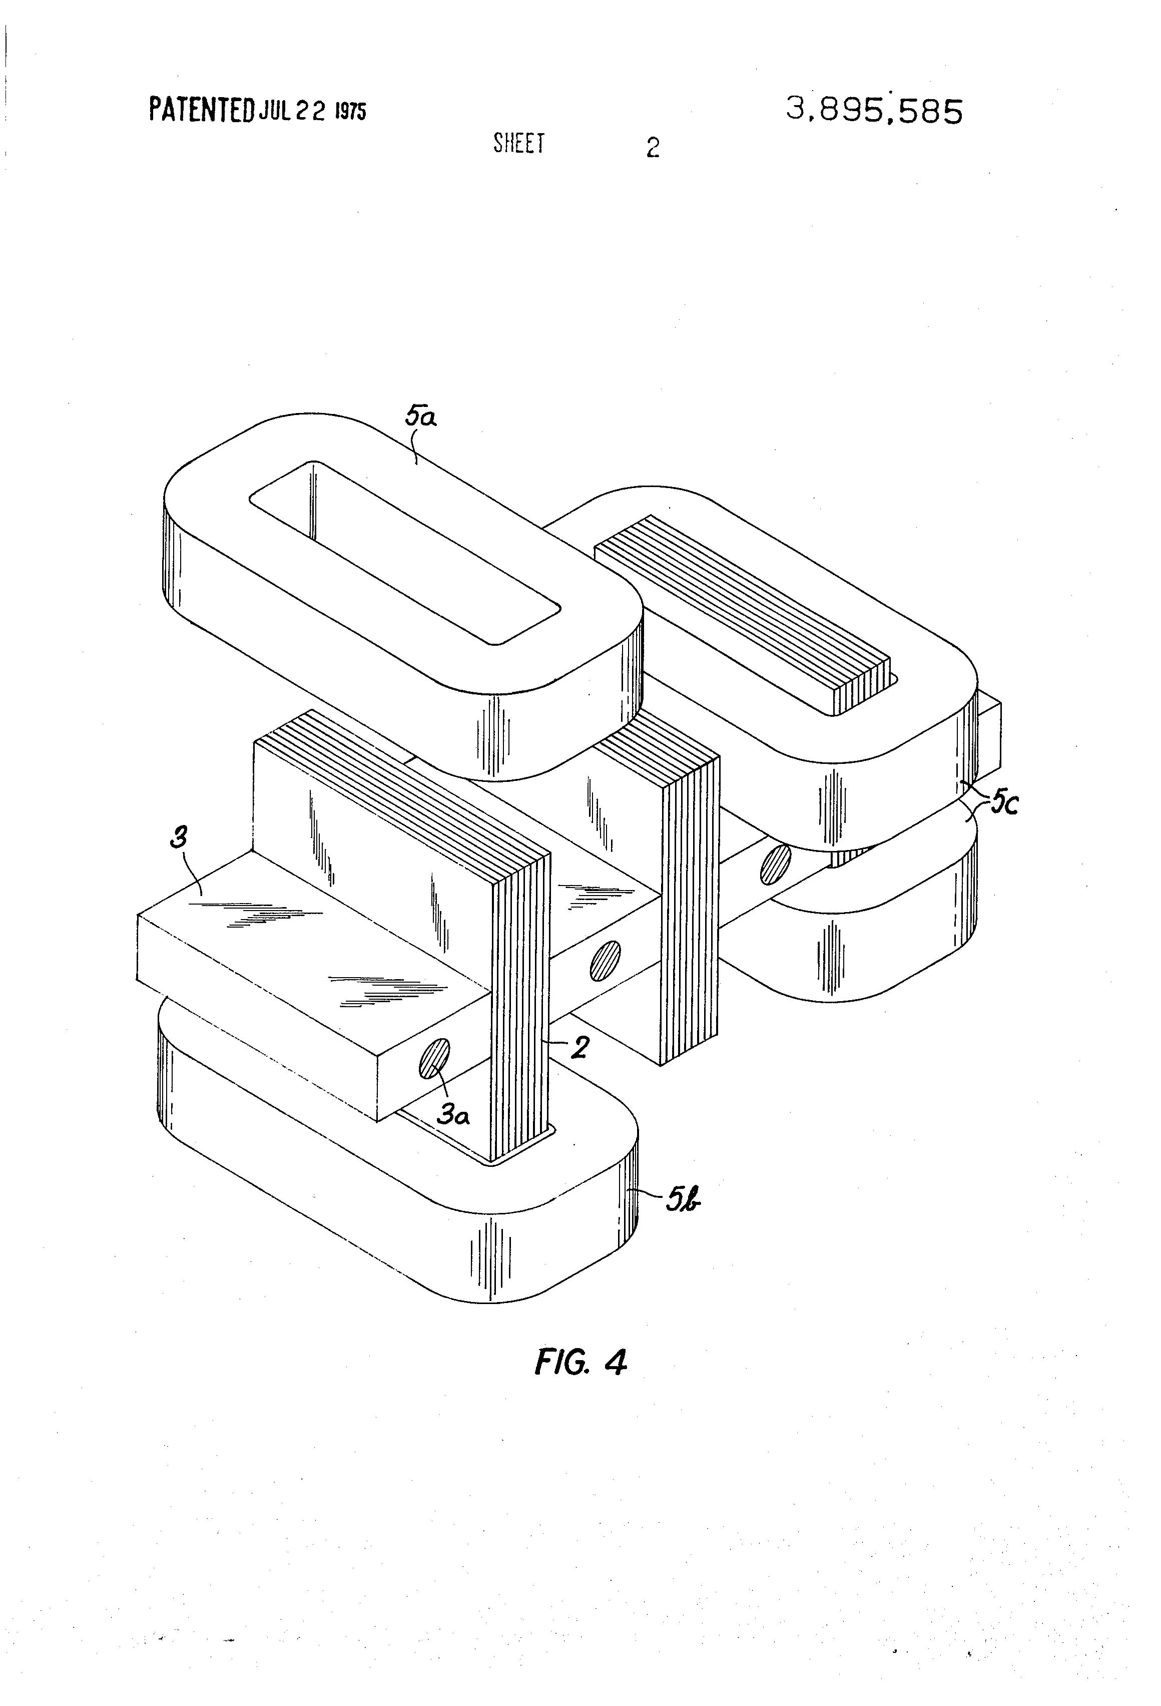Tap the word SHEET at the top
(x=519, y=143)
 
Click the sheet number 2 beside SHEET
(x=653, y=148)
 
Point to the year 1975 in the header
(x=350, y=111)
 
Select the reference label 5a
(x=420, y=418)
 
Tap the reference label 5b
(x=683, y=1202)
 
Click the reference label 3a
(x=453, y=1116)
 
